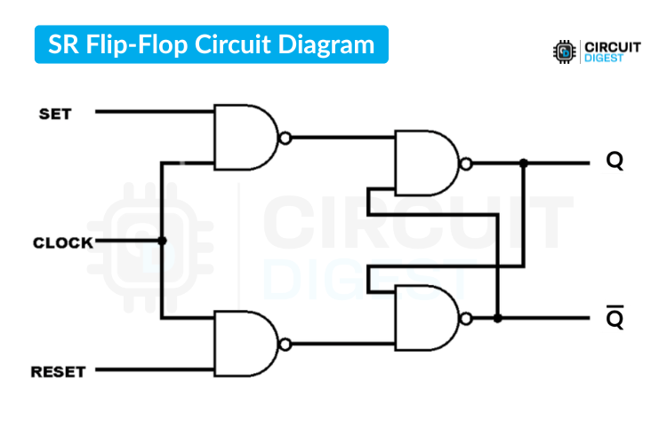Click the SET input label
(x=55, y=114)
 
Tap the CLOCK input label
(x=62, y=242)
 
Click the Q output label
(x=615, y=162)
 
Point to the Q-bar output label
(x=615, y=319)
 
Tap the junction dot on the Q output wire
(x=523, y=163)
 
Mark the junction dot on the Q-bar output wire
(x=498, y=317)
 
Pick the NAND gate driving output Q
(x=426, y=163)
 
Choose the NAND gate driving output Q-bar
(x=426, y=317)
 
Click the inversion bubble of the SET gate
(x=285, y=139)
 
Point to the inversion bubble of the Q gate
(x=465, y=163)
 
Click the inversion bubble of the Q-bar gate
(x=465, y=317)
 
